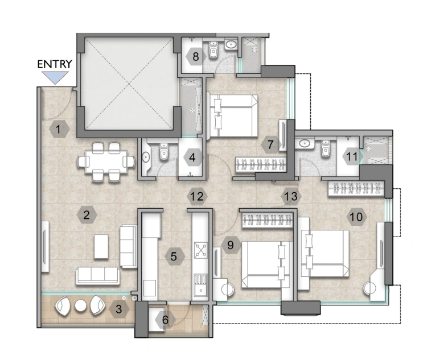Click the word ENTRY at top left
(x=55, y=64)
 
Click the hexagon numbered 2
(x=87, y=215)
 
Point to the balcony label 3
(x=118, y=309)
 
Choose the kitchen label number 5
(x=174, y=256)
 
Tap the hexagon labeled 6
(x=166, y=320)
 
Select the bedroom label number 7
(x=271, y=145)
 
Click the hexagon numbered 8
(x=195, y=56)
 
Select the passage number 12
(x=196, y=197)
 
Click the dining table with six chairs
(x=106, y=162)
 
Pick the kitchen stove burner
(x=201, y=249)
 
